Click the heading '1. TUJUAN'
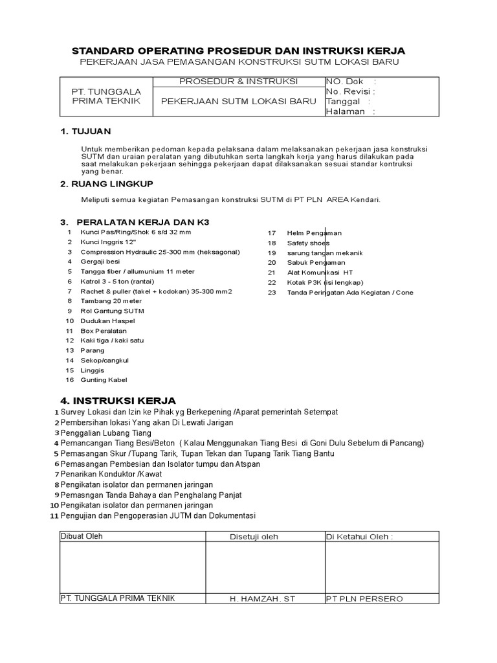coord(85,131)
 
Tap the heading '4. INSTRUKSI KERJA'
coord(118,400)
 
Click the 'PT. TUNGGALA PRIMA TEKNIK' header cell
coord(106,96)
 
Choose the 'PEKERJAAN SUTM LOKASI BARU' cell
coord(238,102)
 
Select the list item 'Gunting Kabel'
coord(104,380)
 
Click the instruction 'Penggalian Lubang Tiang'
coord(105,433)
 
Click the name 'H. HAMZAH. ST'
coord(262,598)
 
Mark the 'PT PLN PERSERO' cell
coord(364,598)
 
